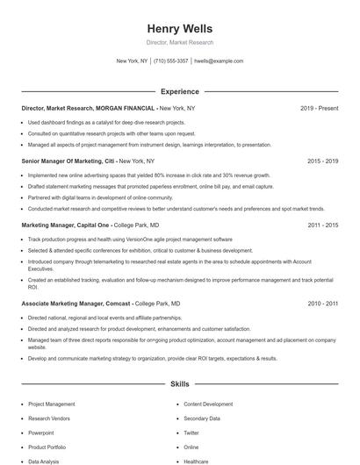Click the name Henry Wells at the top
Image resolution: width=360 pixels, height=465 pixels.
pos(179,27)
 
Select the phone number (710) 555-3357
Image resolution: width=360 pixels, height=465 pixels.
pos(170,61)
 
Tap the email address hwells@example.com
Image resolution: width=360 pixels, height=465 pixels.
pos(219,61)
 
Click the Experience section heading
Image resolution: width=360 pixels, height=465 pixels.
pos(179,91)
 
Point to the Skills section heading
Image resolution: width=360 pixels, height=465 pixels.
pos(179,384)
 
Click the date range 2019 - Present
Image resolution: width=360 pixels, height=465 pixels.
pos(319,108)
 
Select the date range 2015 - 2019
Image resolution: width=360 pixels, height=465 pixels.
pos(322,161)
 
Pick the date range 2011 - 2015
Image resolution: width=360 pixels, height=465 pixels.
pos(322,225)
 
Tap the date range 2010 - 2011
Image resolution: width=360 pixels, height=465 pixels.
pos(322,303)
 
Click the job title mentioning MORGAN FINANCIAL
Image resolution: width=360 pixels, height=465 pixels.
pos(83,108)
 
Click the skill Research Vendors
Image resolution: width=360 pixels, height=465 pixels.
pos(48,418)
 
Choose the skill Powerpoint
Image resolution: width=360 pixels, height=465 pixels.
pos(40,433)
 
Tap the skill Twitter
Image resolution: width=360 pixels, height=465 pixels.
pos(191,433)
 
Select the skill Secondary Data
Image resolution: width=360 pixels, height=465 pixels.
pos(201,418)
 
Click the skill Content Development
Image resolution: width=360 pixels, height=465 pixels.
pos(208,404)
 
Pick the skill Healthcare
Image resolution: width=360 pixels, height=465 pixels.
pos(197,461)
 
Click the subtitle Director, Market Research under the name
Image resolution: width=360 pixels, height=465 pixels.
pos(179,42)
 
